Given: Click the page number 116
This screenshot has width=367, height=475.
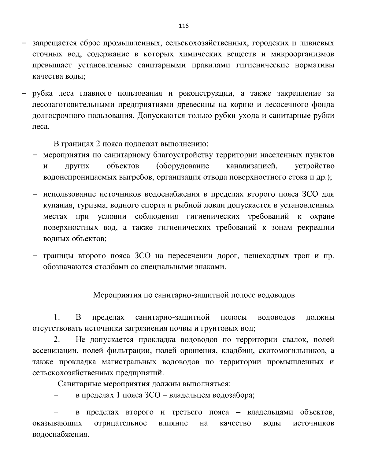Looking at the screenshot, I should click(x=183, y=26).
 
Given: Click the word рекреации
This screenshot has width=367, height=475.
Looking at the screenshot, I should click(x=316, y=228).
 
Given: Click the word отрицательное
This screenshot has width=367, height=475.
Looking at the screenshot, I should click(x=120, y=423).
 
